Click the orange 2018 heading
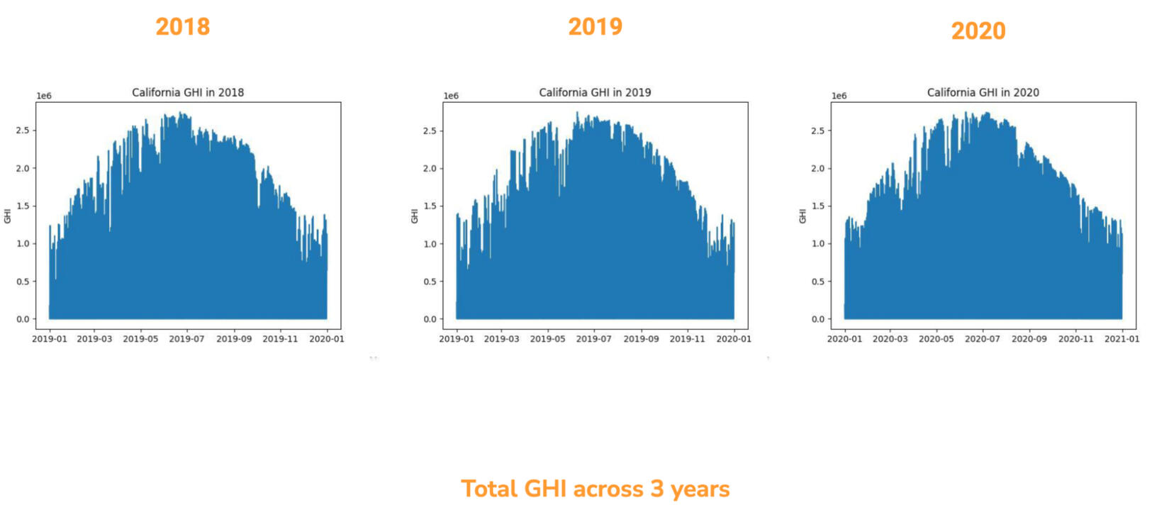tap(183, 27)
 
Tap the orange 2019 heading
tap(595, 27)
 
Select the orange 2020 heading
tap(978, 31)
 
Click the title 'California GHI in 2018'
tap(188, 92)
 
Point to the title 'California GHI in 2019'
tap(595, 92)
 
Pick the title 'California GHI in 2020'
tap(983, 92)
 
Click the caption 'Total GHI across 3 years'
tap(595, 489)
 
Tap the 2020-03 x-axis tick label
tap(890, 339)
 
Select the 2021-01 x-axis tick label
tap(1122, 339)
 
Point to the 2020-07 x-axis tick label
tap(983, 339)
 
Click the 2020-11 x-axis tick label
tap(1075, 339)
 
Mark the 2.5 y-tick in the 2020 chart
tap(817, 131)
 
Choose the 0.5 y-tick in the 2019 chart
tap(430, 282)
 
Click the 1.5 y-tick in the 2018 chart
tap(23, 206)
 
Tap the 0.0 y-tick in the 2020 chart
tap(817, 319)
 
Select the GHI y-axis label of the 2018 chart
tap(8, 216)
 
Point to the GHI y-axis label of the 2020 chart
tap(803, 216)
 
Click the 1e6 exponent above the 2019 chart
tap(451, 96)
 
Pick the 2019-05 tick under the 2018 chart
tap(140, 339)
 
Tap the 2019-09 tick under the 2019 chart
tap(641, 339)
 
